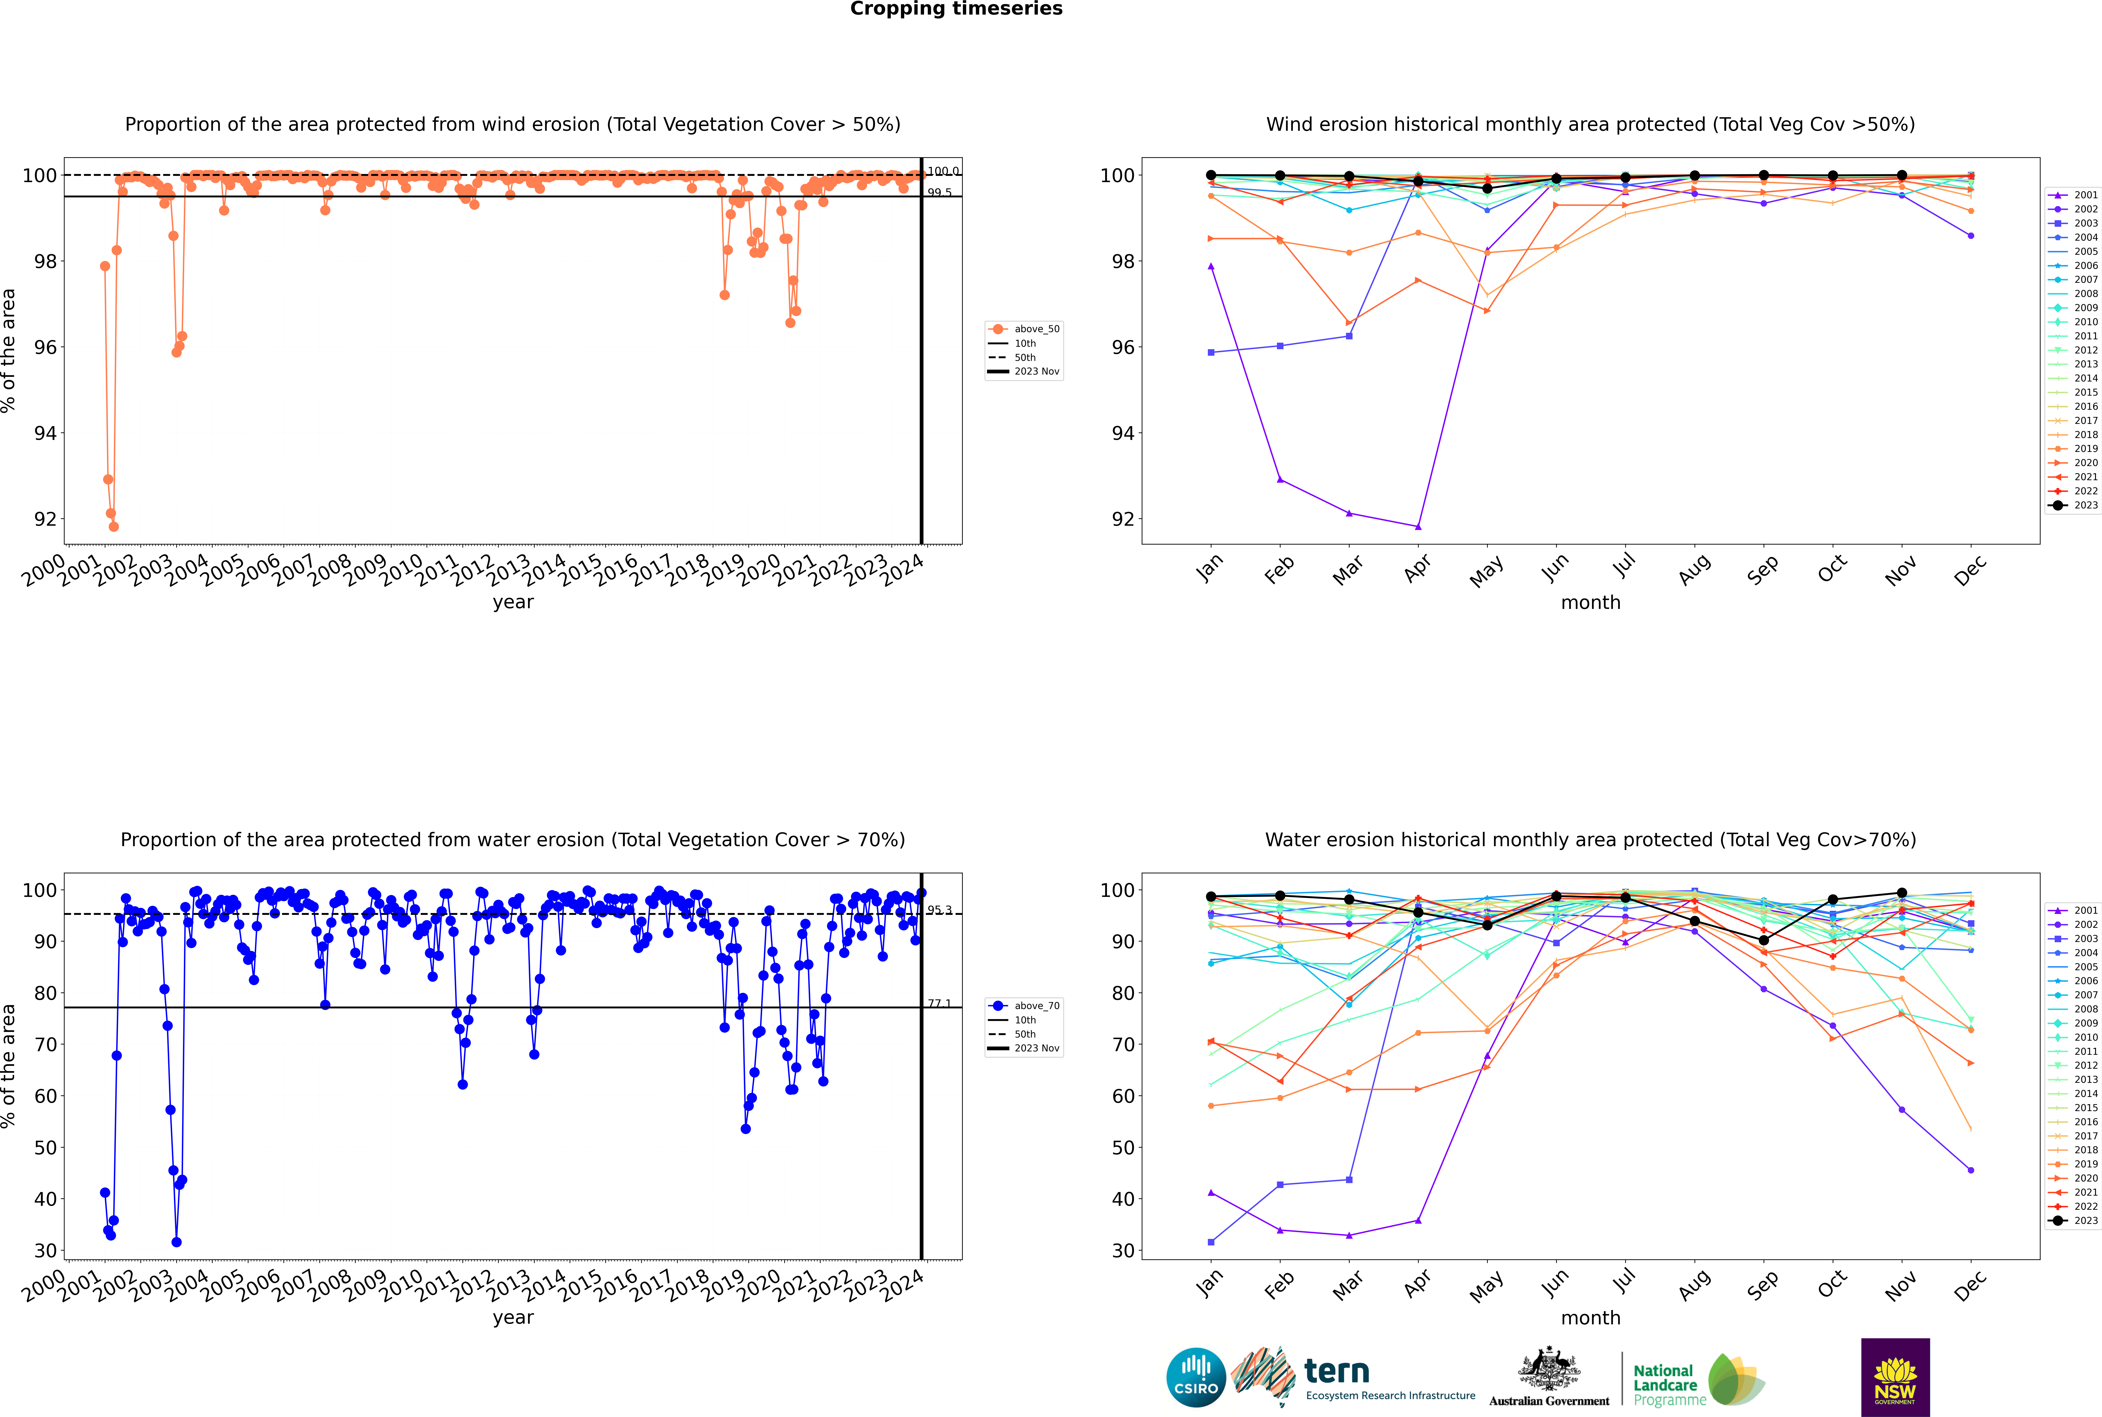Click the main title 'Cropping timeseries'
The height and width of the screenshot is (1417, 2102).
[956, 9]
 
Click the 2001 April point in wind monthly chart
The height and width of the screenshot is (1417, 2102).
[1418, 527]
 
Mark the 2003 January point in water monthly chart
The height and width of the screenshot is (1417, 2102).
[1211, 1242]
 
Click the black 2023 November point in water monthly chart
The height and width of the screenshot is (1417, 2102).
[1902, 893]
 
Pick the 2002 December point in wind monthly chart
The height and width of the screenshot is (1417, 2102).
[1971, 236]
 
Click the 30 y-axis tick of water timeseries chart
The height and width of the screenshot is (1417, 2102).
[45, 1251]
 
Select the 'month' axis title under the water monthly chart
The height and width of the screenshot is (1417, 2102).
[1590, 1318]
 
